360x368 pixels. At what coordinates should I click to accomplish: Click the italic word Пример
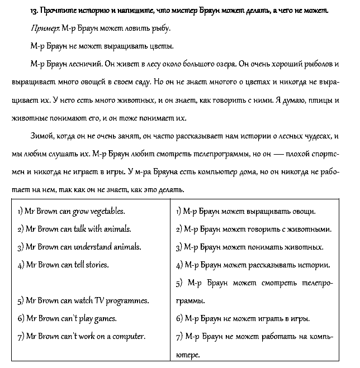(x=41, y=28)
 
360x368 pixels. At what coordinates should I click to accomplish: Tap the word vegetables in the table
(x=106, y=212)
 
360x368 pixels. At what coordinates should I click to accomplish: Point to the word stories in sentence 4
(x=97, y=264)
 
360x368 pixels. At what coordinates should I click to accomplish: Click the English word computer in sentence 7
(x=127, y=336)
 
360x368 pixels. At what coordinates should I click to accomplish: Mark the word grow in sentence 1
(x=78, y=212)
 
